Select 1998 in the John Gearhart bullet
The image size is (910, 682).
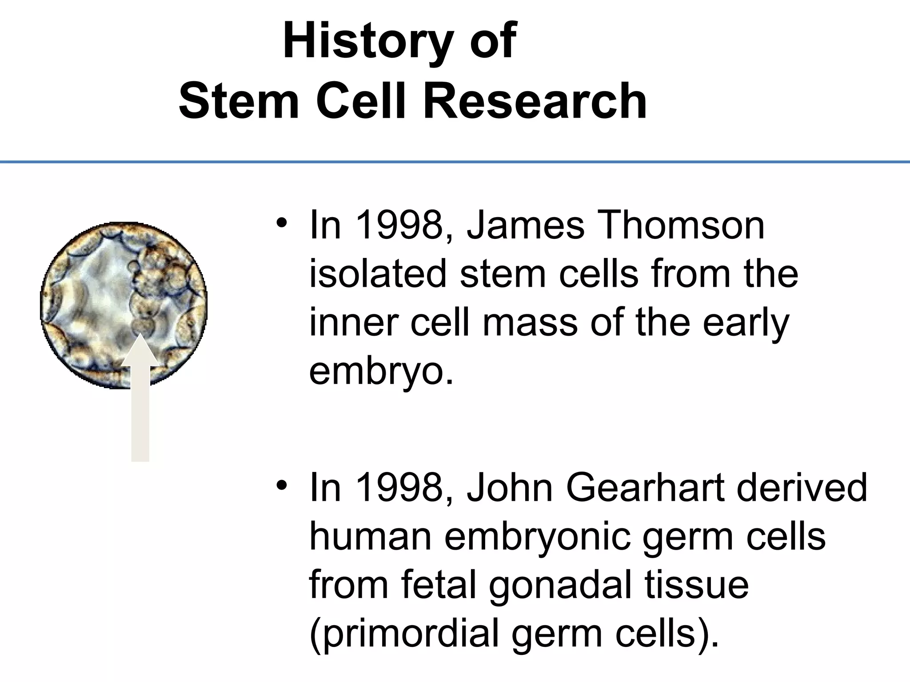(x=403, y=488)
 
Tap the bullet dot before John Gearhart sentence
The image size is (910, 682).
(x=281, y=484)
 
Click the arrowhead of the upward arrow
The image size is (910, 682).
(x=140, y=351)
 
